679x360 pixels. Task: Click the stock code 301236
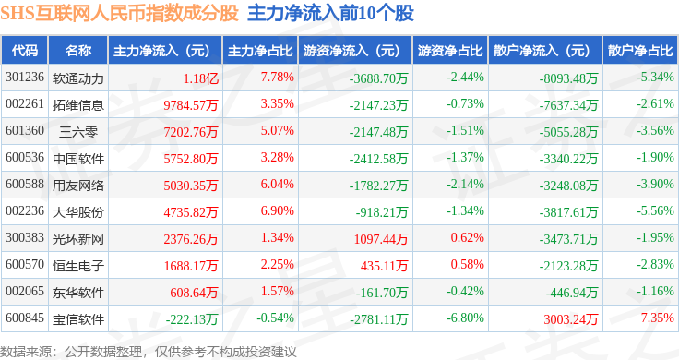25,78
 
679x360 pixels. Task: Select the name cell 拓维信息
78,105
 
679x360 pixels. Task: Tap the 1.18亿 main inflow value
200,78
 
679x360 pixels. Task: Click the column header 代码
25,51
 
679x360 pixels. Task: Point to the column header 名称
78,51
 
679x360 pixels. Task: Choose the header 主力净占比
260,51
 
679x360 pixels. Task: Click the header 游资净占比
450,51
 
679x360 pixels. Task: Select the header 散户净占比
640,51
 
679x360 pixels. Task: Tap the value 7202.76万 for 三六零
191,132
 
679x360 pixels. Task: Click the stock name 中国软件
78,159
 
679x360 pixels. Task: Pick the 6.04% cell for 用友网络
277,184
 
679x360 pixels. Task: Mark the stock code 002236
25,211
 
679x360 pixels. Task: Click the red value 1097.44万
381,239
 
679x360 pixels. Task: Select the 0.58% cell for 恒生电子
467,264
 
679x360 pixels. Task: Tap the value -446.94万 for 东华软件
572,293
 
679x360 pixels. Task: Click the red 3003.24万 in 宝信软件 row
571,319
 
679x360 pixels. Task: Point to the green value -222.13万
192,319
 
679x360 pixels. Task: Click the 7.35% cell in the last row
658,318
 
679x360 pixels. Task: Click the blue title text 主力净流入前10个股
331,13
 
